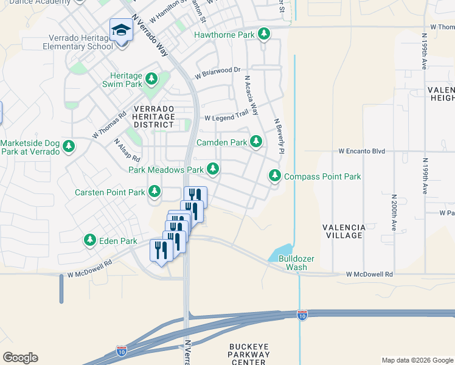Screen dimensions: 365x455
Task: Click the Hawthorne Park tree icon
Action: pos(264,34)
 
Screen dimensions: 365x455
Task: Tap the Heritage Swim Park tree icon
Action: pos(151,79)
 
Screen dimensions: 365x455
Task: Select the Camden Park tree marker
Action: pos(256,142)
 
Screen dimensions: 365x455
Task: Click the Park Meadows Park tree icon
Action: pos(212,169)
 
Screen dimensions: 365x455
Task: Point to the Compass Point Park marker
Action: pos(275,176)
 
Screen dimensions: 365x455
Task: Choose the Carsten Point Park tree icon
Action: pos(155,192)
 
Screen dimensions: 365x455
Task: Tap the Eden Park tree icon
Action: pos(90,240)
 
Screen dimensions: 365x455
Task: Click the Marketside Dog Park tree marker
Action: pos(69,146)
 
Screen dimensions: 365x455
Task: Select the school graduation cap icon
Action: pos(120,30)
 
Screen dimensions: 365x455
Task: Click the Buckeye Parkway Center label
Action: pos(248,354)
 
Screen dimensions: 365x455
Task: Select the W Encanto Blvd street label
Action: pos(363,150)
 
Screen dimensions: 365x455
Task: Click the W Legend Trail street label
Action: pos(227,117)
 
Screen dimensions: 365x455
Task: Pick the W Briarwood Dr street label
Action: pos(218,73)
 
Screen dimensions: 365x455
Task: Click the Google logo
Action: pos(20,358)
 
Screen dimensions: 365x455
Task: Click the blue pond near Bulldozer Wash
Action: pos(281,251)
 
